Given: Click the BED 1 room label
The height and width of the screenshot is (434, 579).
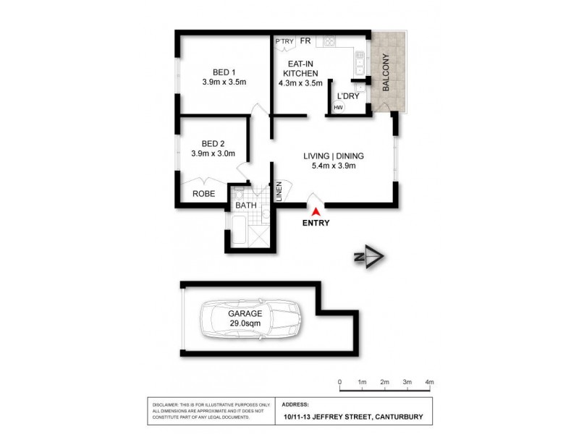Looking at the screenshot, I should [224, 72].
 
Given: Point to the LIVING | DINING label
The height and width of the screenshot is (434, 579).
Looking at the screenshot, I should [333, 156].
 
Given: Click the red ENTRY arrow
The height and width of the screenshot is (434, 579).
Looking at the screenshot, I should [316, 211].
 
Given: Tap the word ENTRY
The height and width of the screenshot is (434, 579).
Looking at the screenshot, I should [316, 224].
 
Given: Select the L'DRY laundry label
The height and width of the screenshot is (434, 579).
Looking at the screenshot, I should [345, 95].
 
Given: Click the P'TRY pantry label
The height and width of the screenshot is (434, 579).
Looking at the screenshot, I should [284, 41].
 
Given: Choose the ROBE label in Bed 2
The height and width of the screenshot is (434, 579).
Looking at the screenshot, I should [203, 193].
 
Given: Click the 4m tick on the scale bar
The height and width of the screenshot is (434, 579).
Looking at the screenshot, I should [430, 382].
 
